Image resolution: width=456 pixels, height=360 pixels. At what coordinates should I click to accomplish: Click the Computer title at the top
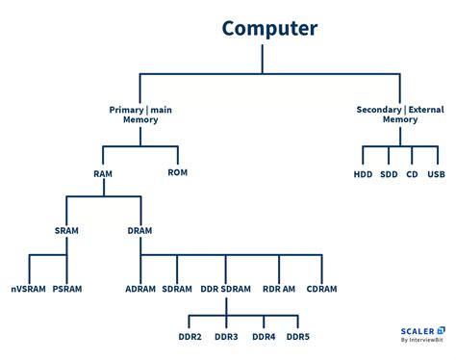[268, 28]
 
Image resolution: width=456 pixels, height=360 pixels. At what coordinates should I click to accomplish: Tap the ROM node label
[178, 172]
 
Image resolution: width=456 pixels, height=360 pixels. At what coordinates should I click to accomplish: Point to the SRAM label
[66, 231]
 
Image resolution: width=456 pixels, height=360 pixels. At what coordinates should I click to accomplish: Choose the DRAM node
[140, 231]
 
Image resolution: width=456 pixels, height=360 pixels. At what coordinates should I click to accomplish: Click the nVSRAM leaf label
[27, 289]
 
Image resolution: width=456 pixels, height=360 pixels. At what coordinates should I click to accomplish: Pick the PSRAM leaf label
[68, 289]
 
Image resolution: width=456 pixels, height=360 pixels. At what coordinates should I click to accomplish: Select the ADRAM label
[140, 289]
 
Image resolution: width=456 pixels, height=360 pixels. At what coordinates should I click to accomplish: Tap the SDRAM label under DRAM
[177, 289]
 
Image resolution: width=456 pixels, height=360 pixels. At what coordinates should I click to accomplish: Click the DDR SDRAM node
[225, 289]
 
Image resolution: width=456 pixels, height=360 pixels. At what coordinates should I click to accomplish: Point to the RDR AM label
[278, 289]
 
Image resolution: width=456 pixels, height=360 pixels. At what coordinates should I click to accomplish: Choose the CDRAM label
[321, 289]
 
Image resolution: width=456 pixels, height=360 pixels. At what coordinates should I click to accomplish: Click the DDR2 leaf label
[188, 337]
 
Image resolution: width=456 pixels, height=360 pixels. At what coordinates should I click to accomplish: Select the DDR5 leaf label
[298, 337]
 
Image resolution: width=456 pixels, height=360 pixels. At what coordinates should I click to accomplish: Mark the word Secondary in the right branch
[378, 109]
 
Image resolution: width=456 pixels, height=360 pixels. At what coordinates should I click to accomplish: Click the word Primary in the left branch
[127, 109]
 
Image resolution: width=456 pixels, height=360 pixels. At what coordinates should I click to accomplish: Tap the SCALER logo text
[416, 328]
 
